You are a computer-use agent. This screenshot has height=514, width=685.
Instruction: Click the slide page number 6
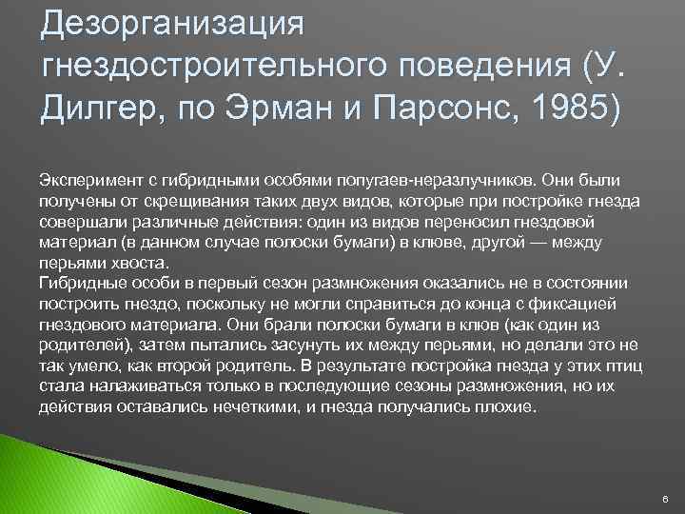click(x=664, y=498)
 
